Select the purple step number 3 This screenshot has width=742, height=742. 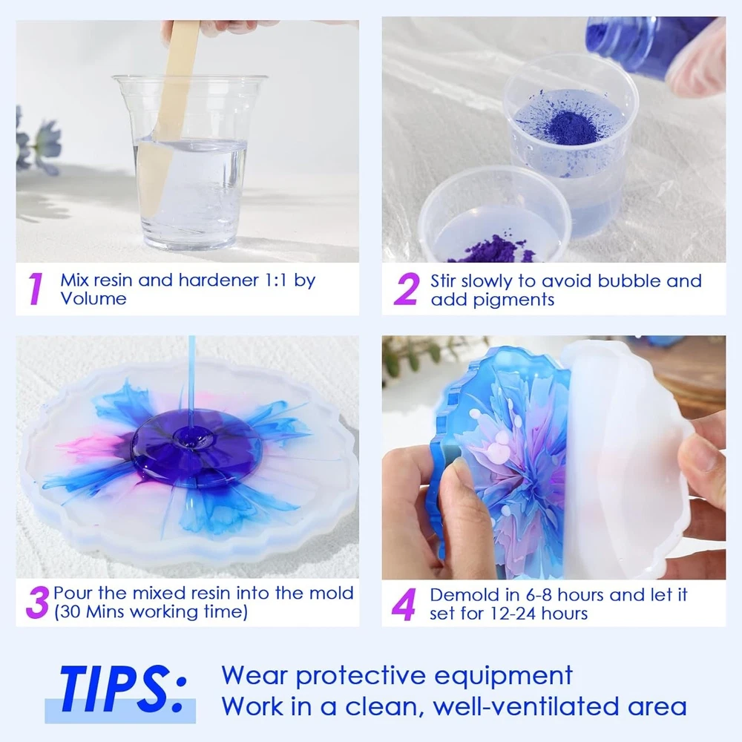[37, 603]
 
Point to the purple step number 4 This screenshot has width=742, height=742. [404, 604]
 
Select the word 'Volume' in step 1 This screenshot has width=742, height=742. [93, 299]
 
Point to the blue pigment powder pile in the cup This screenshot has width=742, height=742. [567, 125]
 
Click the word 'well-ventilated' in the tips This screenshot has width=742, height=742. [526, 706]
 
